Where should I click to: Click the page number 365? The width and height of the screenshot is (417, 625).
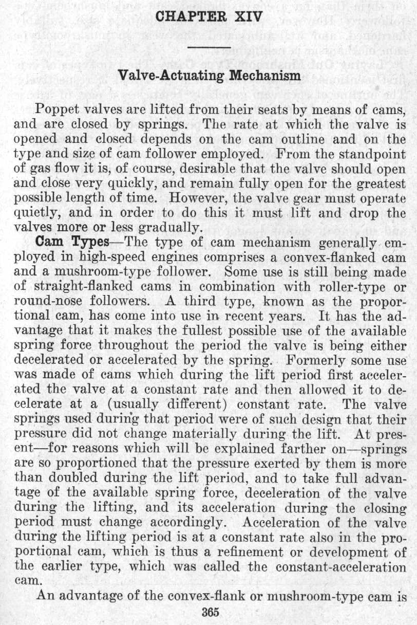(x=211, y=612)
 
